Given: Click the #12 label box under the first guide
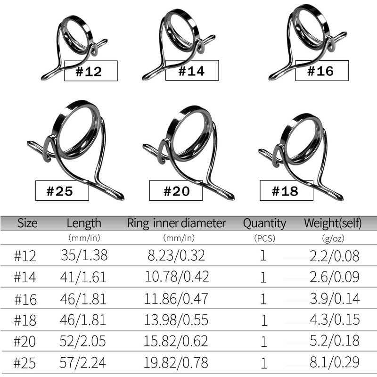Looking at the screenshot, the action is click(90, 71).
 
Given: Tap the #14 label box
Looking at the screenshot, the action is click(192, 70).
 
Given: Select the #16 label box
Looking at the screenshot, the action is click(322, 70).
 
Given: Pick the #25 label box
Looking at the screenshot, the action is click(62, 190).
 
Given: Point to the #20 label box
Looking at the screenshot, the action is click(176, 190).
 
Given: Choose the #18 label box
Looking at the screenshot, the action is click(287, 190).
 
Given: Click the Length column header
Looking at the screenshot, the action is click(84, 223).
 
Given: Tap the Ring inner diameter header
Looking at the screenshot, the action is click(176, 223).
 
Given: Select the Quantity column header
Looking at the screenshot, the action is click(264, 223).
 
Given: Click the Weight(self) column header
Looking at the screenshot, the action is click(333, 223).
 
